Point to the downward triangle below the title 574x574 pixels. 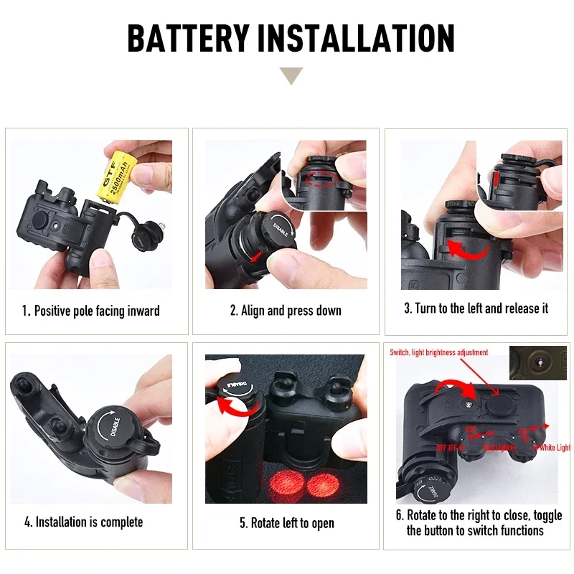pos(291,75)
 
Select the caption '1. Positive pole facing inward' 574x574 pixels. pos(90,311)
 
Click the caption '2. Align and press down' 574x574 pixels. pos(286,311)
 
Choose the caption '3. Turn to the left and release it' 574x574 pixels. pos(476,309)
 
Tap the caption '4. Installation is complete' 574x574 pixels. pos(83,522)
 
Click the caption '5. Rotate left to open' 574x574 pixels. pos(286,523)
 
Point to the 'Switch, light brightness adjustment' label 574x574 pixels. pos(438,352)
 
